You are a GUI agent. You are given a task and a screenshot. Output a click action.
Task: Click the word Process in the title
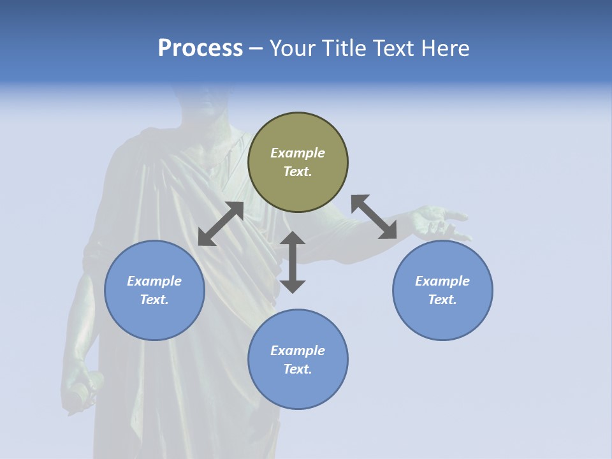click(x=200, y=48)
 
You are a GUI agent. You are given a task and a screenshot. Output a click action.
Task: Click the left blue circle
click(x=154, y=290)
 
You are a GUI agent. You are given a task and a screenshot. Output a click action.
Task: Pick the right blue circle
click(x=442, y=290)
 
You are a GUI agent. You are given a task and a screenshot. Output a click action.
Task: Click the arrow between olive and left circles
click(x=221, y=224)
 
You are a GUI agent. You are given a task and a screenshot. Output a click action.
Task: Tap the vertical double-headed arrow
click(x=293, y=262)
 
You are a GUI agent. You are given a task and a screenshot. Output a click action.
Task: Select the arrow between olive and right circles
click(x=374, y=217)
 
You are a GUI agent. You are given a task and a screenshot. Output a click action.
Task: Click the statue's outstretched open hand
click(x=440, y=222)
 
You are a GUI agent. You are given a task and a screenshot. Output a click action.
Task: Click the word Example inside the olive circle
click(x=298, y=153)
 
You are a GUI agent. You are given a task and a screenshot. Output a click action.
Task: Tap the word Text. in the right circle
click(x=442, y=300)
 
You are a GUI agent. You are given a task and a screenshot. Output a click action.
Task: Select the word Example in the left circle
click(x=154, y=281)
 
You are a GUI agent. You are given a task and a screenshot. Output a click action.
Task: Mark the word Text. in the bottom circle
click(x=298, y=369)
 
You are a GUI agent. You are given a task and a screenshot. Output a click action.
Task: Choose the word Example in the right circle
click(x=442, y=281)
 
